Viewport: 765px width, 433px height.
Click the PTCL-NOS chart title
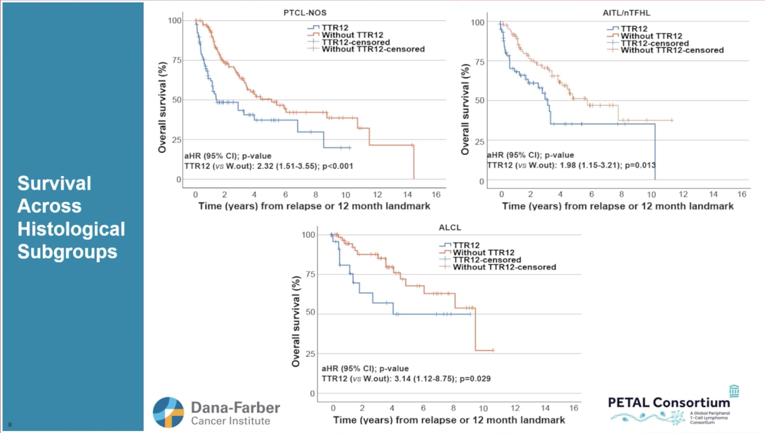click(x=305, y=13)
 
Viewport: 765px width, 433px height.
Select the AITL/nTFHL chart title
click(x=626, y=13)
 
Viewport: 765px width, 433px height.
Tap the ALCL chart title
click(x=450, y=227)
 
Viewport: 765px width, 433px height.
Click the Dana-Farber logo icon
click(x=168, y=412)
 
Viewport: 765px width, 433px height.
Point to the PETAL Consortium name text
click(x=669, y=403)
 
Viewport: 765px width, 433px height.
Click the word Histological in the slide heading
click(x=71, y=229)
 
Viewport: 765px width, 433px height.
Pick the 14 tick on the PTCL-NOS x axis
click(x=407, y=195)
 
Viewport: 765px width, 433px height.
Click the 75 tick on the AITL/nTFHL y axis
click(x=479, y=62)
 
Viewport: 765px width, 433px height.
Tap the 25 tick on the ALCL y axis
click(x=310, y=354)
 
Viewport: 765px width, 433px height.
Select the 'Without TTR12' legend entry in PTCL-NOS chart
click(x=352, y=35)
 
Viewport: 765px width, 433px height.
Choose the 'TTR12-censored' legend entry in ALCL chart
click(x=487, y=260)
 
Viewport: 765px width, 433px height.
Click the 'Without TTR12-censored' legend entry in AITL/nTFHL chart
click(x=672, y=50)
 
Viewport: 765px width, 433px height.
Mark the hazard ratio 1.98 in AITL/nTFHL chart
click(x=568, y=165)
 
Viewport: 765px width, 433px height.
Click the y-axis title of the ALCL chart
click(x=296, y=321)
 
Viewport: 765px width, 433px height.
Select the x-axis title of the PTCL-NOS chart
click(x=314, y=206)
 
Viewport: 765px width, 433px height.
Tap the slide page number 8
click(x=10, y=425)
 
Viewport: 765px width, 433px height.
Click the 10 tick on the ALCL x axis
click(x=483, y=408)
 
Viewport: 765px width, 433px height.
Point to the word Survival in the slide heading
click(x=54, y=183)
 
